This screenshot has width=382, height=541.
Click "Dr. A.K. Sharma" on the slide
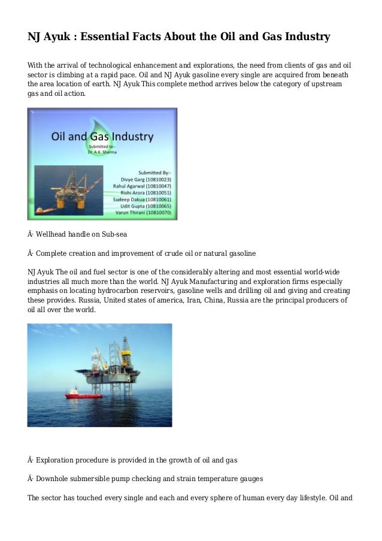[x=102, y=152]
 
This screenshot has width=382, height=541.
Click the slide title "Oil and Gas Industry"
[x=102, y=136]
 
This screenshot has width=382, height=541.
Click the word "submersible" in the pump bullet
[x=97, y=479]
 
